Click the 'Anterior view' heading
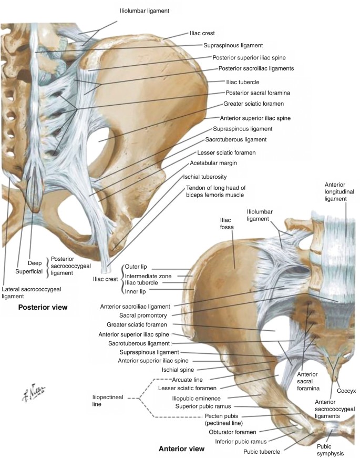coord(181,449)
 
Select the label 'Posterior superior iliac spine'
coord(253,57)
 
